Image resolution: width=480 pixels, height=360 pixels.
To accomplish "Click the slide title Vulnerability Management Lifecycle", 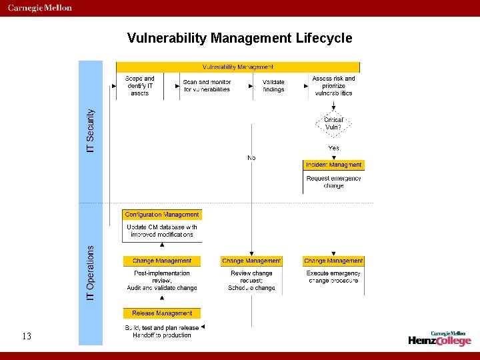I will click(239, 38).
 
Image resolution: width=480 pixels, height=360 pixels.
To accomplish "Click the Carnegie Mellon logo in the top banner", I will click(40, 8).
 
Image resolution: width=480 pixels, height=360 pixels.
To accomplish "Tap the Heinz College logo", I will click(440, 339).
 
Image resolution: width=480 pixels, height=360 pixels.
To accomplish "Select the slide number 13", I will click(27, 337).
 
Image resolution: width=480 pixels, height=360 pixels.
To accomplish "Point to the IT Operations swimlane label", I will click(91, 272).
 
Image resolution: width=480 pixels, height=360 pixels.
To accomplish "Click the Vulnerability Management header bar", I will click(238, 67).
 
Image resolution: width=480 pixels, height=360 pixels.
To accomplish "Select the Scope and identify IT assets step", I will click(140, 86).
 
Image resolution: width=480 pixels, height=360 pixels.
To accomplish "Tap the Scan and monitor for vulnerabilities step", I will click(207, 86).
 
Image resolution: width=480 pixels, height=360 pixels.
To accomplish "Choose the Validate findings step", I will click(273, 86).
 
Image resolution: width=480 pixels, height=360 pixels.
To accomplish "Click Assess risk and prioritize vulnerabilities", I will click(333, 86).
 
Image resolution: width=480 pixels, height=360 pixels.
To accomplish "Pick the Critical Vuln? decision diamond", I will click(333, 123).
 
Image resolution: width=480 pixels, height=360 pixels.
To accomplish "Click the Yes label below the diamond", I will click(333, 148).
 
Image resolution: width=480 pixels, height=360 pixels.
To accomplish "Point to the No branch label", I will click(251, 158).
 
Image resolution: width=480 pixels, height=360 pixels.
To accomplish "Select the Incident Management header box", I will click(333, 165).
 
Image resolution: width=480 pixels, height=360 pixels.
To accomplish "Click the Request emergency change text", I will click(333, 182).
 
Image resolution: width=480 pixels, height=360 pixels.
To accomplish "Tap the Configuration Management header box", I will click(162, 215).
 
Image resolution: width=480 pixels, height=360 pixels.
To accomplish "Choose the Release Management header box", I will click(162, 313).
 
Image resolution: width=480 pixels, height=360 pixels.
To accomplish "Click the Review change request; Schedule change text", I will click(251, 281).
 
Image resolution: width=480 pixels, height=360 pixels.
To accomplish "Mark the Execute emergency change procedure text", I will click(333, 277).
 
